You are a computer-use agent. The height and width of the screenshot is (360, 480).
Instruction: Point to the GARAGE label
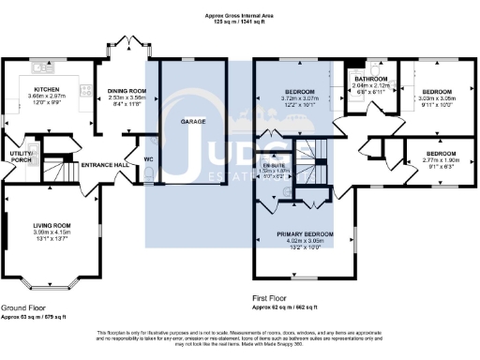(x=194, y=122)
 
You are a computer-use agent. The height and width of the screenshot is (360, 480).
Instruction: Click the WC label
(x=148, y=159)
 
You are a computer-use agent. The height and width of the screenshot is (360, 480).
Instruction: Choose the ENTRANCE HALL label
(x=105, y=164)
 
